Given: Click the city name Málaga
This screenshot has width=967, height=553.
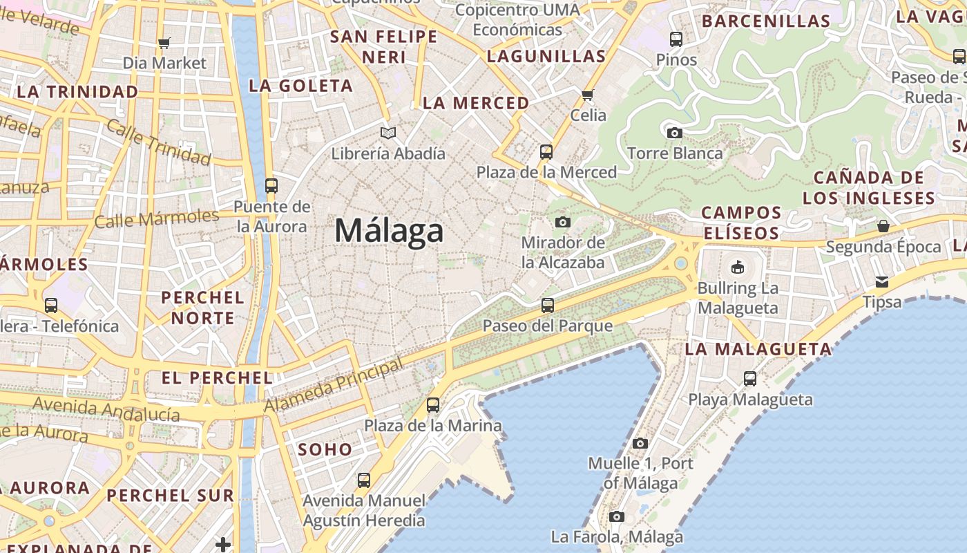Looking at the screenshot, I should click(x=389, y=231).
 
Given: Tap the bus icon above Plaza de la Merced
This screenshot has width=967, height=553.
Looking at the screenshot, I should click(x=546, y=151).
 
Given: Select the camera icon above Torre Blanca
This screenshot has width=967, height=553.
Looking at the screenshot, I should click(x=675, y=133).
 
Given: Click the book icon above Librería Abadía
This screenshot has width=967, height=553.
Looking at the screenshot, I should click(x=388, y=133).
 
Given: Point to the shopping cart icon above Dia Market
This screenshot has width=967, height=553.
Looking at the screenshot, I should click(x=164, y=44).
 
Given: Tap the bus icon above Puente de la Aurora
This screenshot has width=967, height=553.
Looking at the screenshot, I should click(x=271, y=185).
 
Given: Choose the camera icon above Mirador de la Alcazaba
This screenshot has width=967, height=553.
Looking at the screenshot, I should click(x=563, y=222).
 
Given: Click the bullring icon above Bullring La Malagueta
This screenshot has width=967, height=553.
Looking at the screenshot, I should click(x=738, y=267).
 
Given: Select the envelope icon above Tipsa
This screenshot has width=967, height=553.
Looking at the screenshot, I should click(x=882, y=281).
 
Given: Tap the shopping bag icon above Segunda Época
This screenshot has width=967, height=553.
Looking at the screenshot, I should click(x=883, y=226).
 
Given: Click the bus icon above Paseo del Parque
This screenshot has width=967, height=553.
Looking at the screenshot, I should click(x=548, y=305).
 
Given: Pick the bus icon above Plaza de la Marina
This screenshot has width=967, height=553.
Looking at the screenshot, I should click(x=433, y=405).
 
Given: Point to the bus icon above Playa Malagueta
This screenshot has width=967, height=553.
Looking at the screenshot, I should click(x=750, y=379).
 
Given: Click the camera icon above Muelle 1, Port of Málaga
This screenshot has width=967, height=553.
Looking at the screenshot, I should click(x=640, y=443).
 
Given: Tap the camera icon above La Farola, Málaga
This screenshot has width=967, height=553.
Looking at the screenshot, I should click(x=617, y=516).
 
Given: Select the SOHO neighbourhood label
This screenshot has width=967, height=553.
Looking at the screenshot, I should click(x=325, y=449).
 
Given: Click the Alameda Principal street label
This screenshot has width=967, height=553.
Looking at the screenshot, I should click(x=334, y=386).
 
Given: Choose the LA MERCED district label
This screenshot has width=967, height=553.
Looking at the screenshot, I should click(x=476, y=103).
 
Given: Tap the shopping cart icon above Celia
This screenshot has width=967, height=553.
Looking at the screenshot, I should click(x=588, y=95).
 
